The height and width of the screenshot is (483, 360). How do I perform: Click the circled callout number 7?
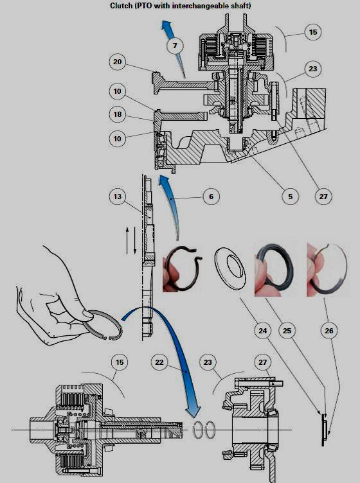pyautogui.click(x=174, y=46)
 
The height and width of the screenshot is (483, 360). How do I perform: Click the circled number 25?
pyautogui.click(x=287, y=332)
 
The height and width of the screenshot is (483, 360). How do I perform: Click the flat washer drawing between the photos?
pyautogui.click(x=230, y=267)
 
